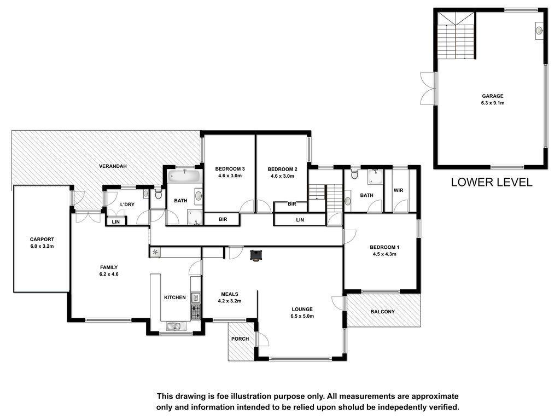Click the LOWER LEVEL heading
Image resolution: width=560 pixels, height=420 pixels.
492,182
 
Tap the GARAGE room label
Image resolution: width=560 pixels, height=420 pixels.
493,96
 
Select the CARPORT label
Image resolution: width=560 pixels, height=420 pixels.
42,240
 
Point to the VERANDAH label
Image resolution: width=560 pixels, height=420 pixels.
113,166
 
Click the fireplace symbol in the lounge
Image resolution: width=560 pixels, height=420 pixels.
256,255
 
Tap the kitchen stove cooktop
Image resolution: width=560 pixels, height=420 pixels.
195,311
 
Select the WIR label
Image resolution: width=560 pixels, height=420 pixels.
398,190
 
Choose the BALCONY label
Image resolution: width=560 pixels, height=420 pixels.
382,311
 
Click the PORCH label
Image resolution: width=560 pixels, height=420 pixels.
240,339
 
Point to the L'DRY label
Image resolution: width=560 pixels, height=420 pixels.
127,205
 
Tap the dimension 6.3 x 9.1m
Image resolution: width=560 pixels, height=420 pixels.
493,103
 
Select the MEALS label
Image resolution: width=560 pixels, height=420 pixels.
230,294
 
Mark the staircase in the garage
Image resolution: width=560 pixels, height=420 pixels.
457,36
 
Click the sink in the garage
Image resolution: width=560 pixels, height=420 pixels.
539,31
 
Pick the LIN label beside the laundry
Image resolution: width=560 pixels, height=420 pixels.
116,222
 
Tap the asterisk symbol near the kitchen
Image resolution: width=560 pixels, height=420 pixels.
155,252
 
